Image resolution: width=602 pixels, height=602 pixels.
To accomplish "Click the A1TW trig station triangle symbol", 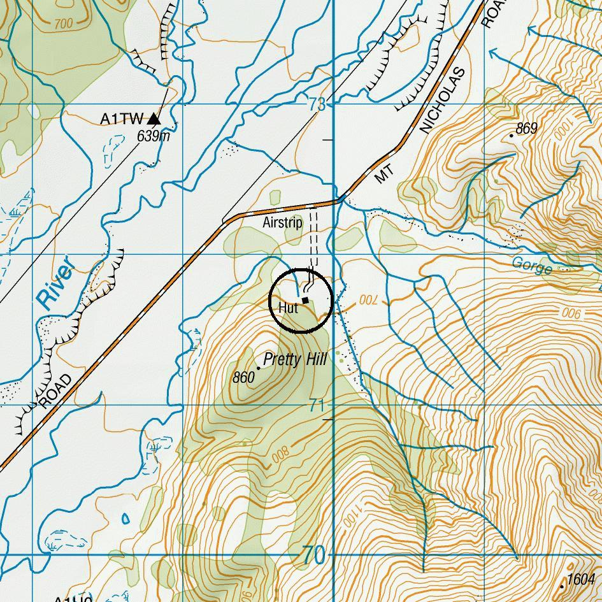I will pos(154,118).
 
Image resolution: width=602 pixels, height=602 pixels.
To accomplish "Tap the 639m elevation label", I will pos(154,136).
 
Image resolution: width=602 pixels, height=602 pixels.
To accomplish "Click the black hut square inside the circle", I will pos(305,300).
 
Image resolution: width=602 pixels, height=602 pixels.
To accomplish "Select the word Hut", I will pos(288,308).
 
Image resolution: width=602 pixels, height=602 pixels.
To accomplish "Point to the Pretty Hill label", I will pos(295,360).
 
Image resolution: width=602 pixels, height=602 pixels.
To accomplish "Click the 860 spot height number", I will pos(243,378).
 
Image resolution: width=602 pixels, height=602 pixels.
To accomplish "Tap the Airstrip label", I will pos(282,223).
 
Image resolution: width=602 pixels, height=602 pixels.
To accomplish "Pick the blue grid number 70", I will pos(314,556).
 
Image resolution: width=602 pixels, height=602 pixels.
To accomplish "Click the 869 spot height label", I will pos(526,129).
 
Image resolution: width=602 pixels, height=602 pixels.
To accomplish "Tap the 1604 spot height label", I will pos(580,579).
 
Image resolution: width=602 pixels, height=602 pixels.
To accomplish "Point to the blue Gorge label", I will pos(531,266).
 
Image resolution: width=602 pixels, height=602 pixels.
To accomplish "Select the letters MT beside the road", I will pos(382,175).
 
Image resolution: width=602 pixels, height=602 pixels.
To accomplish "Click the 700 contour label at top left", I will pos(64,24).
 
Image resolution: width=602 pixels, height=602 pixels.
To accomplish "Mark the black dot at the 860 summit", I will pos(259,368).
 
